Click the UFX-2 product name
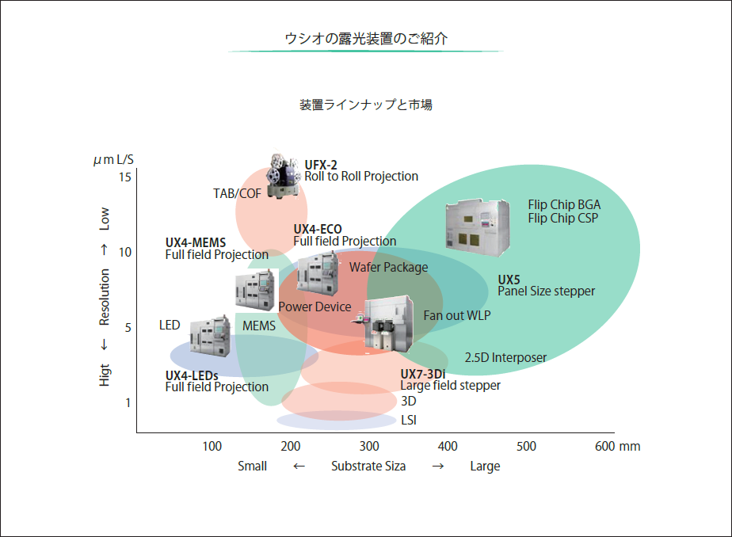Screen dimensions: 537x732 (321, 165)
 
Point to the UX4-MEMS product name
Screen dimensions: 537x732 (196, 242)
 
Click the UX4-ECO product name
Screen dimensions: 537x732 (318, 229)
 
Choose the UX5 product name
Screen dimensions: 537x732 (509, 280)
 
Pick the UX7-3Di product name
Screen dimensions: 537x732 (422, 374)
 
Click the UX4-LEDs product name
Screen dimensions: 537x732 (192, 375)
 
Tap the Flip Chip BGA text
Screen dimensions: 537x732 (564, 206)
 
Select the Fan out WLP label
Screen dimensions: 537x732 (457, 315)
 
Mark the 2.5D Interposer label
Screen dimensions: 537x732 (505, 357)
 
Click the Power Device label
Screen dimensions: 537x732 (315, 307)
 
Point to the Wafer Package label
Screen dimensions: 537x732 (388, 268)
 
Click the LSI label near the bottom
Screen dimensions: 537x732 (409, 420)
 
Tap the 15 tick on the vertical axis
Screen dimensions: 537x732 (125, 177)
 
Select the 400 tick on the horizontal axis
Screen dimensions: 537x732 (448, 446)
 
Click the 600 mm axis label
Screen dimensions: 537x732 (617, 446)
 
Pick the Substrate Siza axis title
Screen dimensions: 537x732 (368, 466)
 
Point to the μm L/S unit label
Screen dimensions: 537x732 (113, 160)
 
